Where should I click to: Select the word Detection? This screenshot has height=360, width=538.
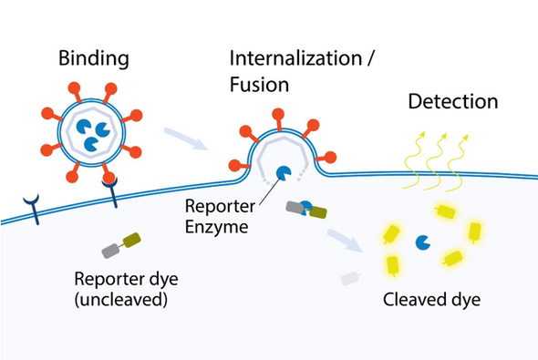coord(452,101)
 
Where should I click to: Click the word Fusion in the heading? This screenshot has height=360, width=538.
coord(258,87)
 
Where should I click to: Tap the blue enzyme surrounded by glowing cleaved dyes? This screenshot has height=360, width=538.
coord(423,243)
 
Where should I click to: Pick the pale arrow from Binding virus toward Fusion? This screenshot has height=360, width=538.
coord(187,140)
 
